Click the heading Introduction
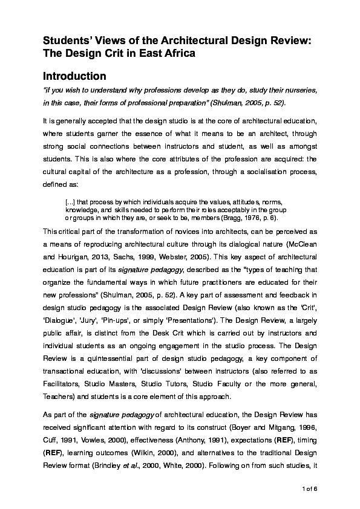click(74, 76)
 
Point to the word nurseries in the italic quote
click(298, 89)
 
